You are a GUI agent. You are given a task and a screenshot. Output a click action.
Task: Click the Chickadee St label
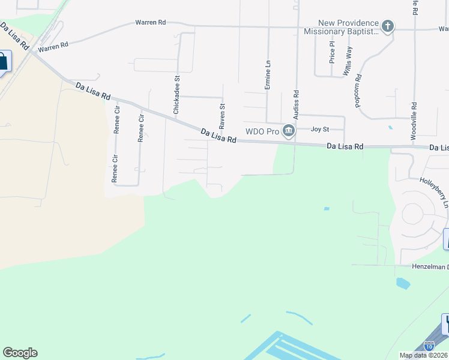tap(176, 95)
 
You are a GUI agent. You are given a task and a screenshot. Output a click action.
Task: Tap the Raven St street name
tap(221, 116)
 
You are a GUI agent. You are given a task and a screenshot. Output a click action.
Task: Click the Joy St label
tap(320, 129)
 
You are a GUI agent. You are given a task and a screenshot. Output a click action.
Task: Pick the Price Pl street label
tap(332, 52)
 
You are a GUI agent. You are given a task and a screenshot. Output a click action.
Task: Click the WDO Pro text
tap(263, 131)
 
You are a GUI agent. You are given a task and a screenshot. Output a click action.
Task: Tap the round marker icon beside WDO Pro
tap(289, 131)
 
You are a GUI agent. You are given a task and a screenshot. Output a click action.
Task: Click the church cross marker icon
tap(388, 26)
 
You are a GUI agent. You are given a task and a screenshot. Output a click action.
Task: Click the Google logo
tap(20, 353)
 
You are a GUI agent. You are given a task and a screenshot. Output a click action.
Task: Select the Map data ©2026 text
tap(423, 355)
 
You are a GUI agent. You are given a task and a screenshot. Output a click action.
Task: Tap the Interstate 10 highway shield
tap(429, 346)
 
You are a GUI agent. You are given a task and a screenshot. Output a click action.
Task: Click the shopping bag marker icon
tap(3, 61)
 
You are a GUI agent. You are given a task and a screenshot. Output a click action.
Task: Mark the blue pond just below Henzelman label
tap(403, 283)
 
